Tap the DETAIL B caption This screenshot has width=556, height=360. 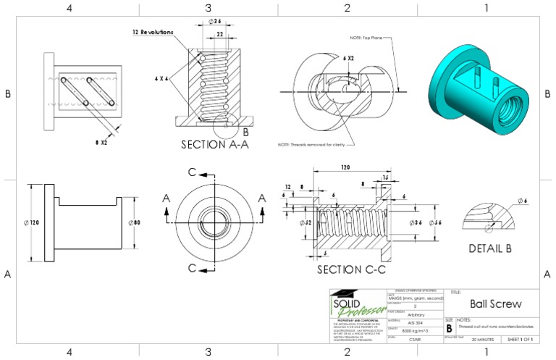click(491, 248)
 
